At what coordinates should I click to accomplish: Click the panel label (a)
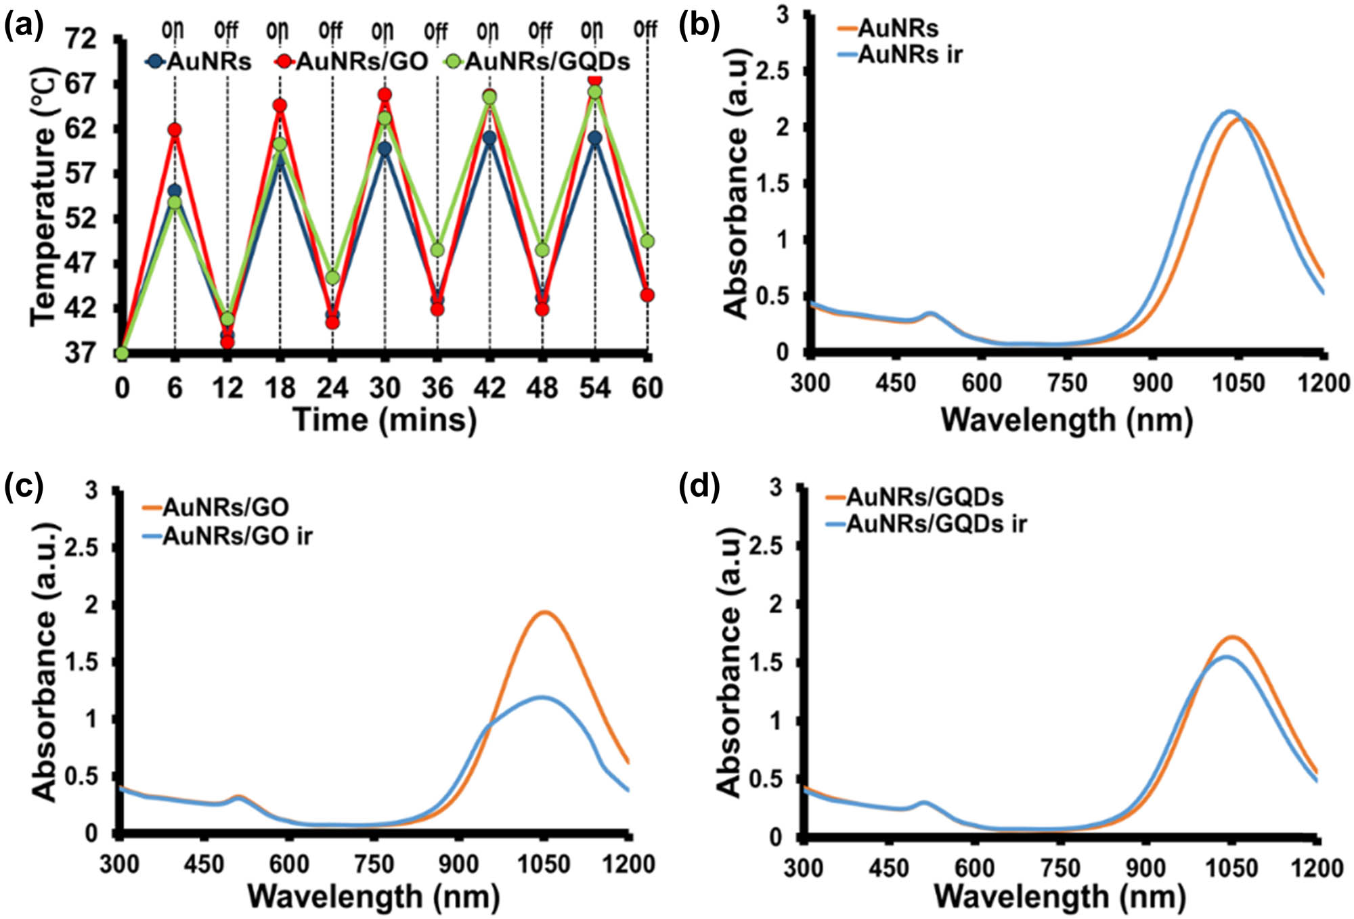coord(23,27)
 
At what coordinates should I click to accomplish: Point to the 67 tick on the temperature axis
coord(80,85)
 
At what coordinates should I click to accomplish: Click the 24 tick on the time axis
coord(332,388)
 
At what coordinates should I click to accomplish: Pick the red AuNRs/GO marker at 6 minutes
coord(175,130)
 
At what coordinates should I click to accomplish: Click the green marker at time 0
coord(122,353)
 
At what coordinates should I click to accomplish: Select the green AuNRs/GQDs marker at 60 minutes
coord(647,241)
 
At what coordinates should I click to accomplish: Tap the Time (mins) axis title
coord(385,420)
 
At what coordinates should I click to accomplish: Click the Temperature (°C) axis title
coord(42,196)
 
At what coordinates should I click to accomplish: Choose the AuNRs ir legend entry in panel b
coord(909,55)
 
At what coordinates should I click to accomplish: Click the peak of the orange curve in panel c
coord(545,612)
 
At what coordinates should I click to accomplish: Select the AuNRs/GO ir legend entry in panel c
coord(237,536)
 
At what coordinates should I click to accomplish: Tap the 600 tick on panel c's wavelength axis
coord(290,864)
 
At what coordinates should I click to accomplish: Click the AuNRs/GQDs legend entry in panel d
coord(924,497)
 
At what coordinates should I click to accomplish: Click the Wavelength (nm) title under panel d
coord(1060,897)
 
